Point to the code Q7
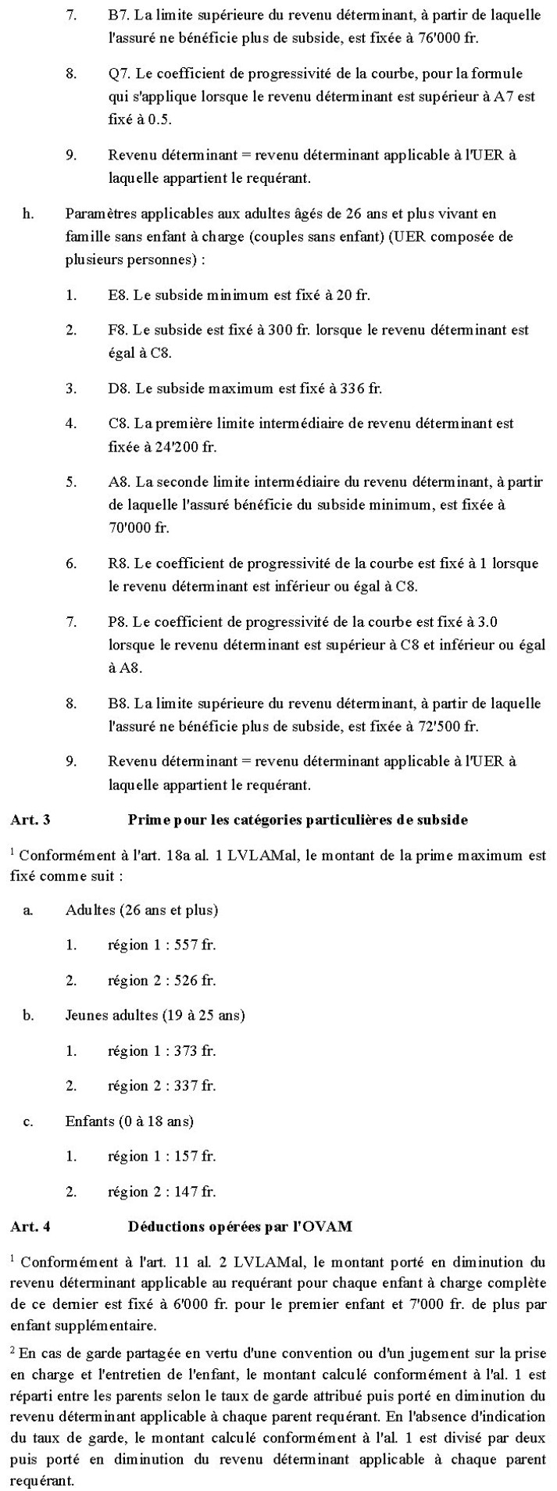[119, 73]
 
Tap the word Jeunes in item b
[86, 1015]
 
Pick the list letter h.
[28, 213]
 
